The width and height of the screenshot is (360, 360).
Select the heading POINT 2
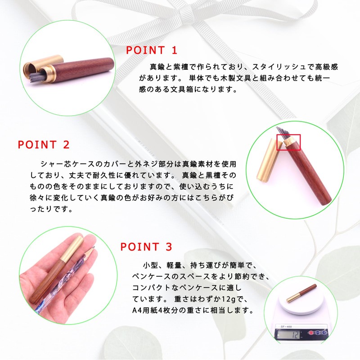pyautogui.click(x=44, y=145)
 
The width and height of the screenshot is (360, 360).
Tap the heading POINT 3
pyautogui.click(x=146, y=247)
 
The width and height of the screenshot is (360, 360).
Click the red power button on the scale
pyautogui.click(x=311, y=334)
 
